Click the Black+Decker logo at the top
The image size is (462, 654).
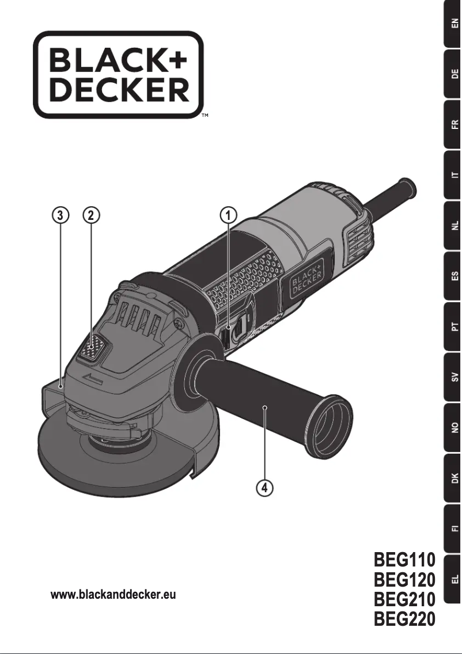pos(119,75)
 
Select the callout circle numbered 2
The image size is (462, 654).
pos(91,215)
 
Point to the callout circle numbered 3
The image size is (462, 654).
pos(59,215)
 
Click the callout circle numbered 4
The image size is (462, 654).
pos(264,488)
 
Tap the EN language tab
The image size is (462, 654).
pos(453,24)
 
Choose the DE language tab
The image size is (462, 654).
pos(453,74)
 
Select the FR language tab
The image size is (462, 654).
pos(453,125)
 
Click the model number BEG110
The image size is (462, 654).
pos(404,560)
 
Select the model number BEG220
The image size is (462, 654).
pos(404,619)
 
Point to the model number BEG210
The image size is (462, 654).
pos(404,599)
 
